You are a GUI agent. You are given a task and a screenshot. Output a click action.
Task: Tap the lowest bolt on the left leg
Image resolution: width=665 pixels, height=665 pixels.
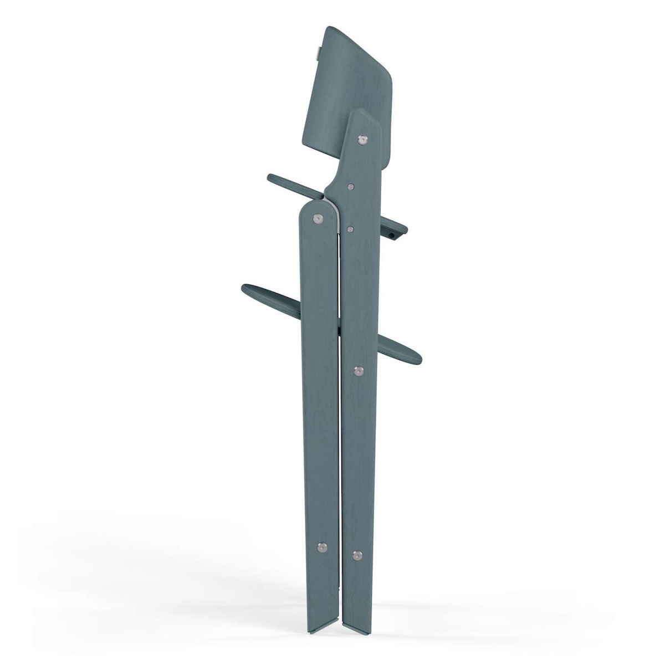(320, 547)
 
